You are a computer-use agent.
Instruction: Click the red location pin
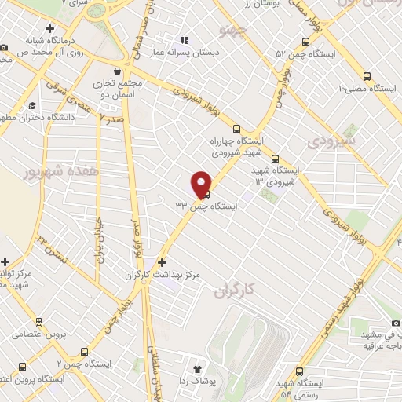coord(202,183)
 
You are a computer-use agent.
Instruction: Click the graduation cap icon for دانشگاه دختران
coord(32,106)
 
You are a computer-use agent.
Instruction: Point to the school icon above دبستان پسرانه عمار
coord(185,40)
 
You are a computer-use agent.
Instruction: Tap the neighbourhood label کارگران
coord(235,292)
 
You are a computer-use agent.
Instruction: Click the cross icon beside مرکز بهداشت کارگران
coord(162,262)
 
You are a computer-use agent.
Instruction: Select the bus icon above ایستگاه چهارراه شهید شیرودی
coord(236,129)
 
